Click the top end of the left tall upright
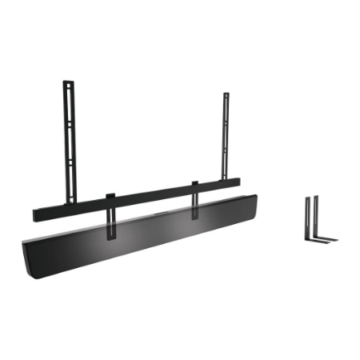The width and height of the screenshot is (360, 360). pos(68,82)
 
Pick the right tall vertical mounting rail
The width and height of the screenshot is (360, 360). pos(226,136)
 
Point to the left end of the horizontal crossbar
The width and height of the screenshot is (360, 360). pos(37,216)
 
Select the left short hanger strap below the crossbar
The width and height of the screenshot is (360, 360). pos(110,220)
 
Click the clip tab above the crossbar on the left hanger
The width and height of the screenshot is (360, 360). pos(110,195)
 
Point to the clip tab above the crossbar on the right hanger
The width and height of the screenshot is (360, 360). pos(194,186)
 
